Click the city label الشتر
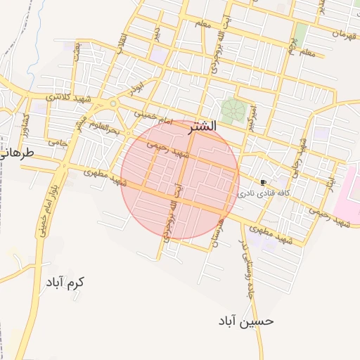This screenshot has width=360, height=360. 202,127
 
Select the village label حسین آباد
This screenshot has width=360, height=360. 245,321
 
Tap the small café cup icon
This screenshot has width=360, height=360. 264,182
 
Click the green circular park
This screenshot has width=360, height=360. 231,110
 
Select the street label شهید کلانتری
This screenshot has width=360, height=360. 70,96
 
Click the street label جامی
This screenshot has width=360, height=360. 57,141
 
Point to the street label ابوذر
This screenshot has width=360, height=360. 135,87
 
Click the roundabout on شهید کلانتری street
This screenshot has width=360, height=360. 112,104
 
